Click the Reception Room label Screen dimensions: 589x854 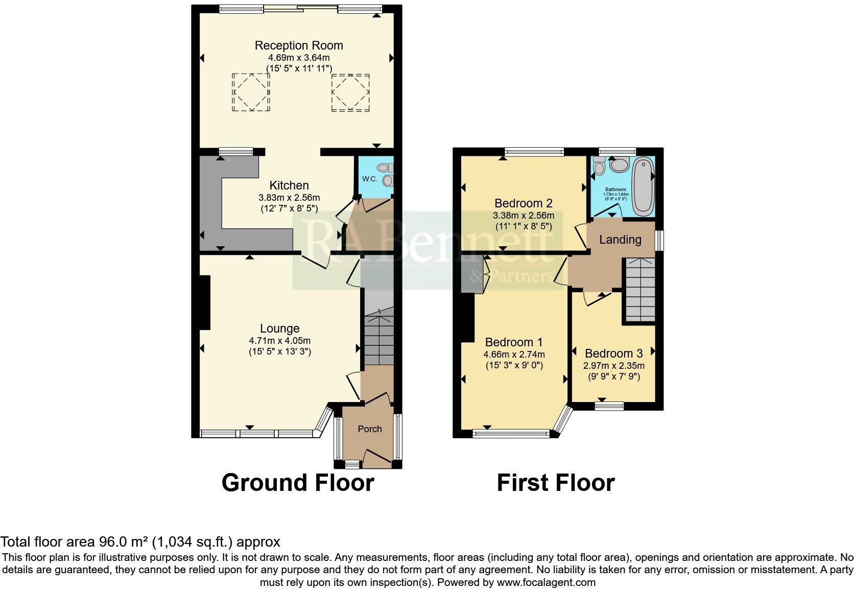[x=299, y=45]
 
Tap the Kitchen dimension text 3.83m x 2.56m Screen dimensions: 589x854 [x=289, y=197]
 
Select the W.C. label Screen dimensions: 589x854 [x=369, y=179]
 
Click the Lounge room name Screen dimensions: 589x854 [x=279, y=328]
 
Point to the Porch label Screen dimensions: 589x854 [x=369, y=429]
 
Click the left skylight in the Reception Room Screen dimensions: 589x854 [x=251, y=92]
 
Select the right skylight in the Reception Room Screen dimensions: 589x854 [x=350, y=92]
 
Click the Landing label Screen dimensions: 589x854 [x=620, y=240]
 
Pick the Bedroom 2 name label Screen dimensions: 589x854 [x=524, y=203]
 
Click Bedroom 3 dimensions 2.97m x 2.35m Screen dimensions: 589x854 [x=613, y=366]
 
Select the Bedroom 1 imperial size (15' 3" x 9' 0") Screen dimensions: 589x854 [x=514, y=366]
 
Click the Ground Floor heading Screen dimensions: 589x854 [x=298, y=483]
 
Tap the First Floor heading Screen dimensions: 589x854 [x=556, y=483]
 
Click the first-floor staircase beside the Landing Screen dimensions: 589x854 [x=638, y=289]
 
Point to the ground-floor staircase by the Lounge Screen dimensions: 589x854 [x=378, y=337]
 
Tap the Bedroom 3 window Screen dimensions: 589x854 [x=609, y=406]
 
